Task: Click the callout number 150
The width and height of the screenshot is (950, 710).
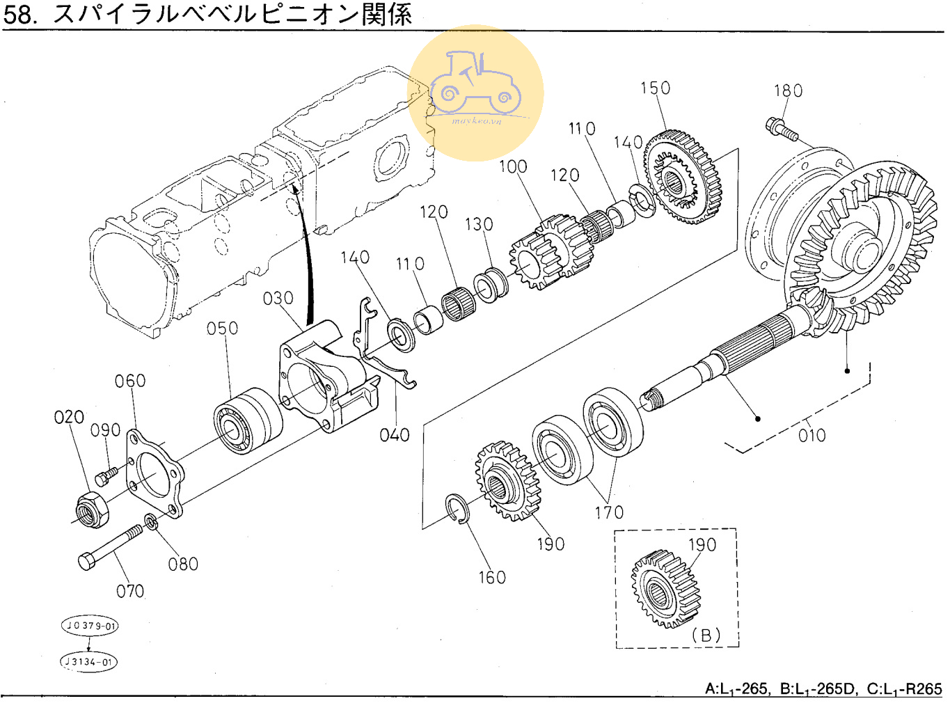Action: point(655,88)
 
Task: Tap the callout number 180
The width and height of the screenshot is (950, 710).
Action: point(788,91)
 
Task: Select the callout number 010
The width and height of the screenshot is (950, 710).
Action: point(812,436)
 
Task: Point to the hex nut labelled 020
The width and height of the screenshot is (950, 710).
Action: point(91,511)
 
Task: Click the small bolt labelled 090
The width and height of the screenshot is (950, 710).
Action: point(106,475)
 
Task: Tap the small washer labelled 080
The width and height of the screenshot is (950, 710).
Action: point(150,520)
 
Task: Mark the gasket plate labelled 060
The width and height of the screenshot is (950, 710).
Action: point(155,473)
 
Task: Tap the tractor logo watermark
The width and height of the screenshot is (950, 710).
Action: point(475,90)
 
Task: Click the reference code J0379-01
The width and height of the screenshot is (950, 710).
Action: point(90,625)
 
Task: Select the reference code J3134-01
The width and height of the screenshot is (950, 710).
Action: point(89,661)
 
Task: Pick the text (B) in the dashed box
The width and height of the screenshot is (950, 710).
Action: point(706,635)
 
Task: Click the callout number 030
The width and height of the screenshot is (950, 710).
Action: point(278,299)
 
